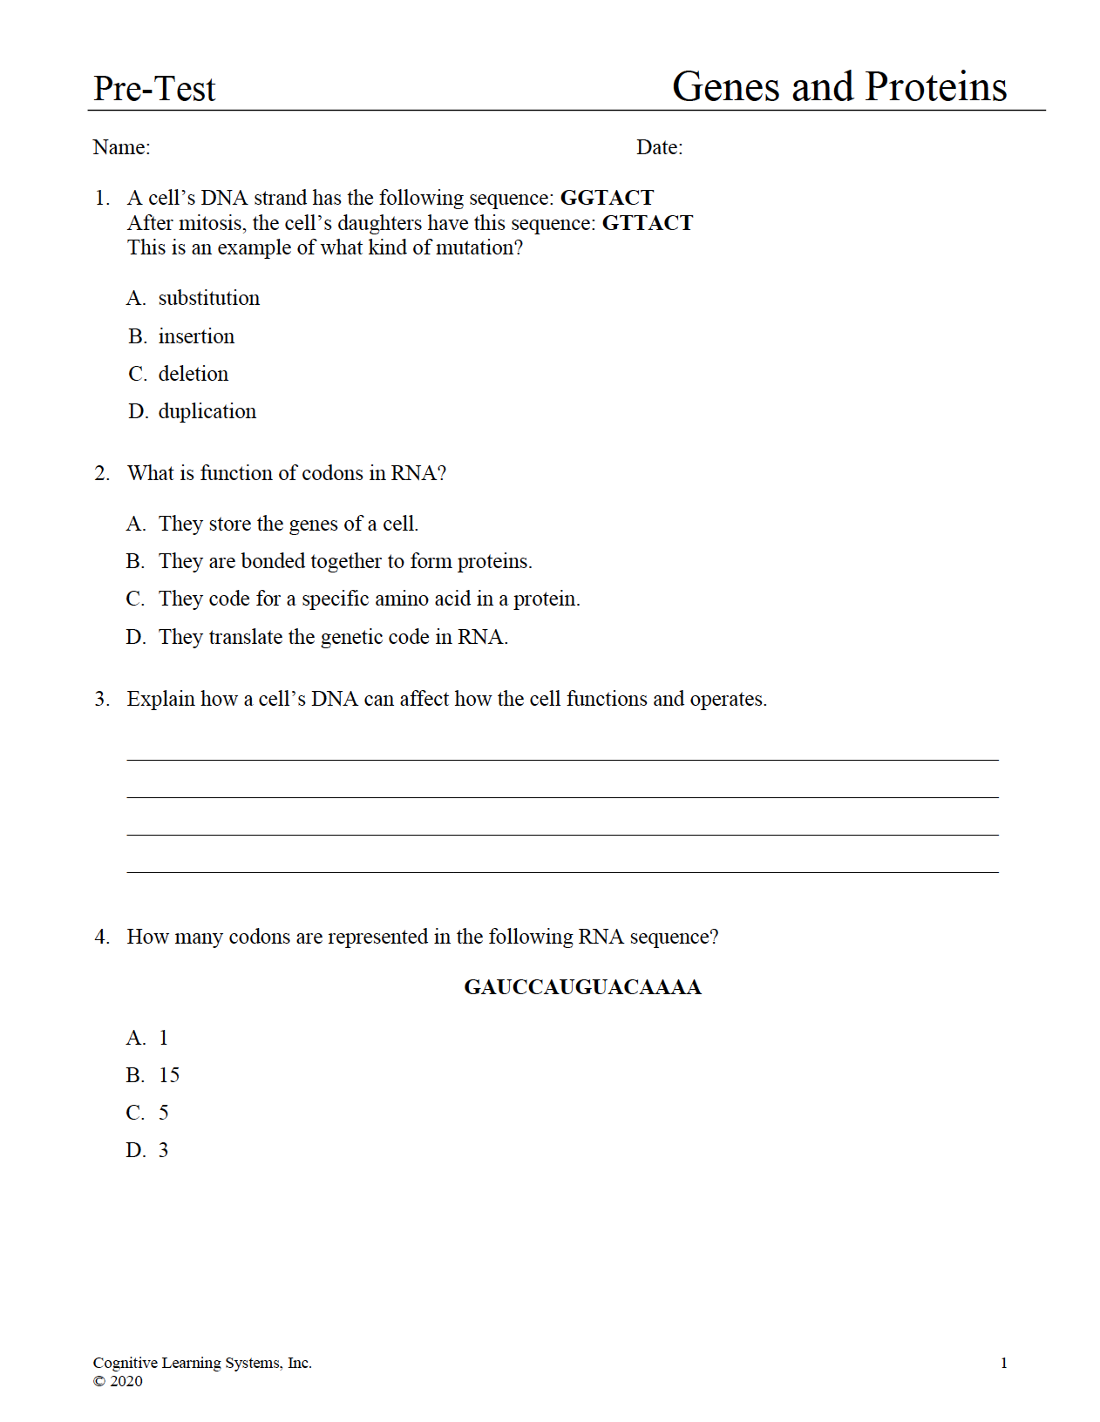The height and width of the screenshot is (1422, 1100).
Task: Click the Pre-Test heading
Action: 154,89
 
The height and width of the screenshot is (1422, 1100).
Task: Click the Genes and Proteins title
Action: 839,87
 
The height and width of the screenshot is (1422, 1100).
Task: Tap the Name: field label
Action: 121,147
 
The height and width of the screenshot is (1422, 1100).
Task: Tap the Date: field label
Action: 659,147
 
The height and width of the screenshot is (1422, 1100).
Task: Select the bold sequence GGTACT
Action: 607,198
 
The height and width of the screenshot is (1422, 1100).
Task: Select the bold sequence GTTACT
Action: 647,223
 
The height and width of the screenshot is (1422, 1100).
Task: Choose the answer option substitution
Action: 208,298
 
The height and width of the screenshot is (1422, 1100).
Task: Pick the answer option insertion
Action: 196,336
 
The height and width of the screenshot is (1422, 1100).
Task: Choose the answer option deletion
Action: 193,374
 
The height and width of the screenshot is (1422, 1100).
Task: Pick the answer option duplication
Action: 207,411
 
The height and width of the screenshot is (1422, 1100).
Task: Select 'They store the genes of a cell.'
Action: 288,524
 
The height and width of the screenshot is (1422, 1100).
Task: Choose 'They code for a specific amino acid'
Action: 369,599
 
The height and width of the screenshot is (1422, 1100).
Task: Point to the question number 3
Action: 102,699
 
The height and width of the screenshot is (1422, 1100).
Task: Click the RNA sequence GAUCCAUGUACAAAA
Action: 582,987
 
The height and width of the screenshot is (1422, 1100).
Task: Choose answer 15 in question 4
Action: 169,1075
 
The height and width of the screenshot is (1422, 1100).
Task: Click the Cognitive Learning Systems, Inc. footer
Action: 202,1363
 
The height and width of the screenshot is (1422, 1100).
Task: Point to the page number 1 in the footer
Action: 1003,1363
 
